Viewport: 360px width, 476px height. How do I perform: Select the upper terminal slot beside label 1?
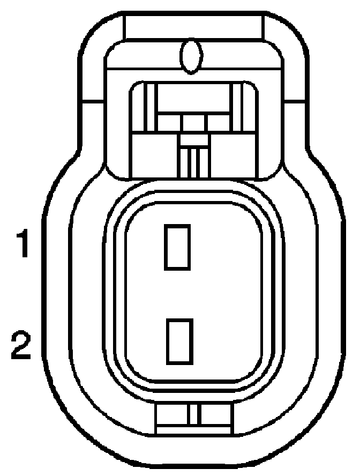(177, 247)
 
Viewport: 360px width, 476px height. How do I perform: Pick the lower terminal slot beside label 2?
(179, 340)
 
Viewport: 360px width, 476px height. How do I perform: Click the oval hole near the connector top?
(191, 56)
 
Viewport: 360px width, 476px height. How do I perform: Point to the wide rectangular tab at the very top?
(193, 26)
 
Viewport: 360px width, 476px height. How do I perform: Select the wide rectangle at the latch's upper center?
(194, 106)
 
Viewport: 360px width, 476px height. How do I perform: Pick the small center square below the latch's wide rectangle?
(193, 123)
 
